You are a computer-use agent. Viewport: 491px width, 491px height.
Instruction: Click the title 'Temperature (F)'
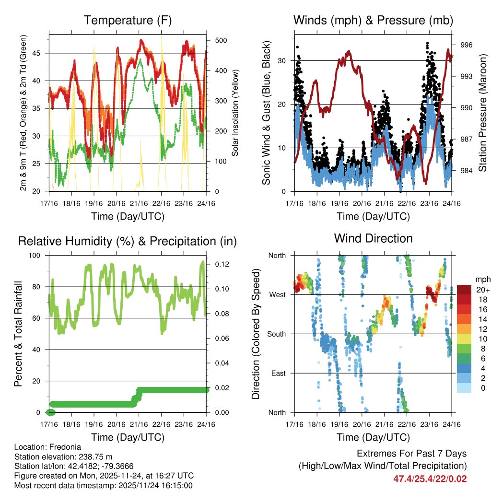pos(128,21)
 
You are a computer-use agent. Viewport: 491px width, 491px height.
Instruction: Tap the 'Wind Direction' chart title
pos(373,238)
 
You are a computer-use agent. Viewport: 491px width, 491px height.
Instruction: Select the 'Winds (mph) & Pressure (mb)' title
pos(373,21)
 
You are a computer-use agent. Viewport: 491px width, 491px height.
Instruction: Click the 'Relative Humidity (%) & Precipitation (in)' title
pos(128,241)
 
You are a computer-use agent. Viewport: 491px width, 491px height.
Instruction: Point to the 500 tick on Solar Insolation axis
pos(221,40)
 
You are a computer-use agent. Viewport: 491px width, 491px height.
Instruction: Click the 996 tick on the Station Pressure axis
pos(467,45)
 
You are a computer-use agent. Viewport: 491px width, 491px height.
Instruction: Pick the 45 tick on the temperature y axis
pos(41,53)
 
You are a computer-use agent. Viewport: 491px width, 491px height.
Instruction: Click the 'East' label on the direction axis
pos(277,373)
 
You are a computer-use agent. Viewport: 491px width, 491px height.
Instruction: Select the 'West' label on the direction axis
pos(277,294)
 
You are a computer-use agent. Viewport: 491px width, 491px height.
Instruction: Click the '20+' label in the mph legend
pos(481,290)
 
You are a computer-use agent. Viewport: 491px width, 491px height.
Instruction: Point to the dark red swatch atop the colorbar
pos(464,289)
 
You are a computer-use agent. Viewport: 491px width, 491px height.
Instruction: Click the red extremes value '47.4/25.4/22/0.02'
pos(430,479)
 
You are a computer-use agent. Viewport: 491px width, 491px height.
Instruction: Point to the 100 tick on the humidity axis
pos(39,256)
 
